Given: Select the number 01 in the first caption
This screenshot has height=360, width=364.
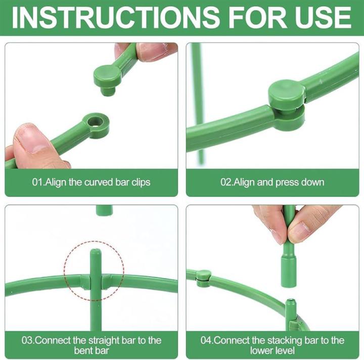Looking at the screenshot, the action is click(x=37, y=182).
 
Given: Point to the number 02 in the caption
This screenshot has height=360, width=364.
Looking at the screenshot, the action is click(x=225, y=182).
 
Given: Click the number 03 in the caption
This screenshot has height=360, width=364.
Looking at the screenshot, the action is click(x=27, y=340).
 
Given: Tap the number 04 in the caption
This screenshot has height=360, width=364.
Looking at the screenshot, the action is click(x=206, y=340).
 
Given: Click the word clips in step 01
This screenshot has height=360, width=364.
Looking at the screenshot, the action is click(x=141, y=183).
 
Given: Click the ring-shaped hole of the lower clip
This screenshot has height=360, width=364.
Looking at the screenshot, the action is click(x=95, y=121).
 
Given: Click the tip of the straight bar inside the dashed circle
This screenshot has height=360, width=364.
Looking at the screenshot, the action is click(x=96, y=250).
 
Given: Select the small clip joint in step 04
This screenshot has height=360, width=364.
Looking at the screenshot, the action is click(x=203, y=278).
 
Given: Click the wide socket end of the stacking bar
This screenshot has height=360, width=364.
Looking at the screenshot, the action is click(x=289, y=271).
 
